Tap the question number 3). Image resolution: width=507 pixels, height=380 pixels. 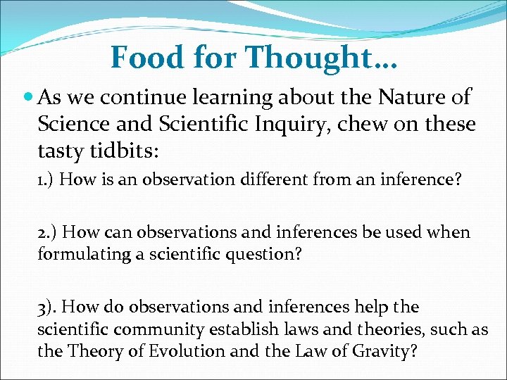(x=49, y=308)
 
